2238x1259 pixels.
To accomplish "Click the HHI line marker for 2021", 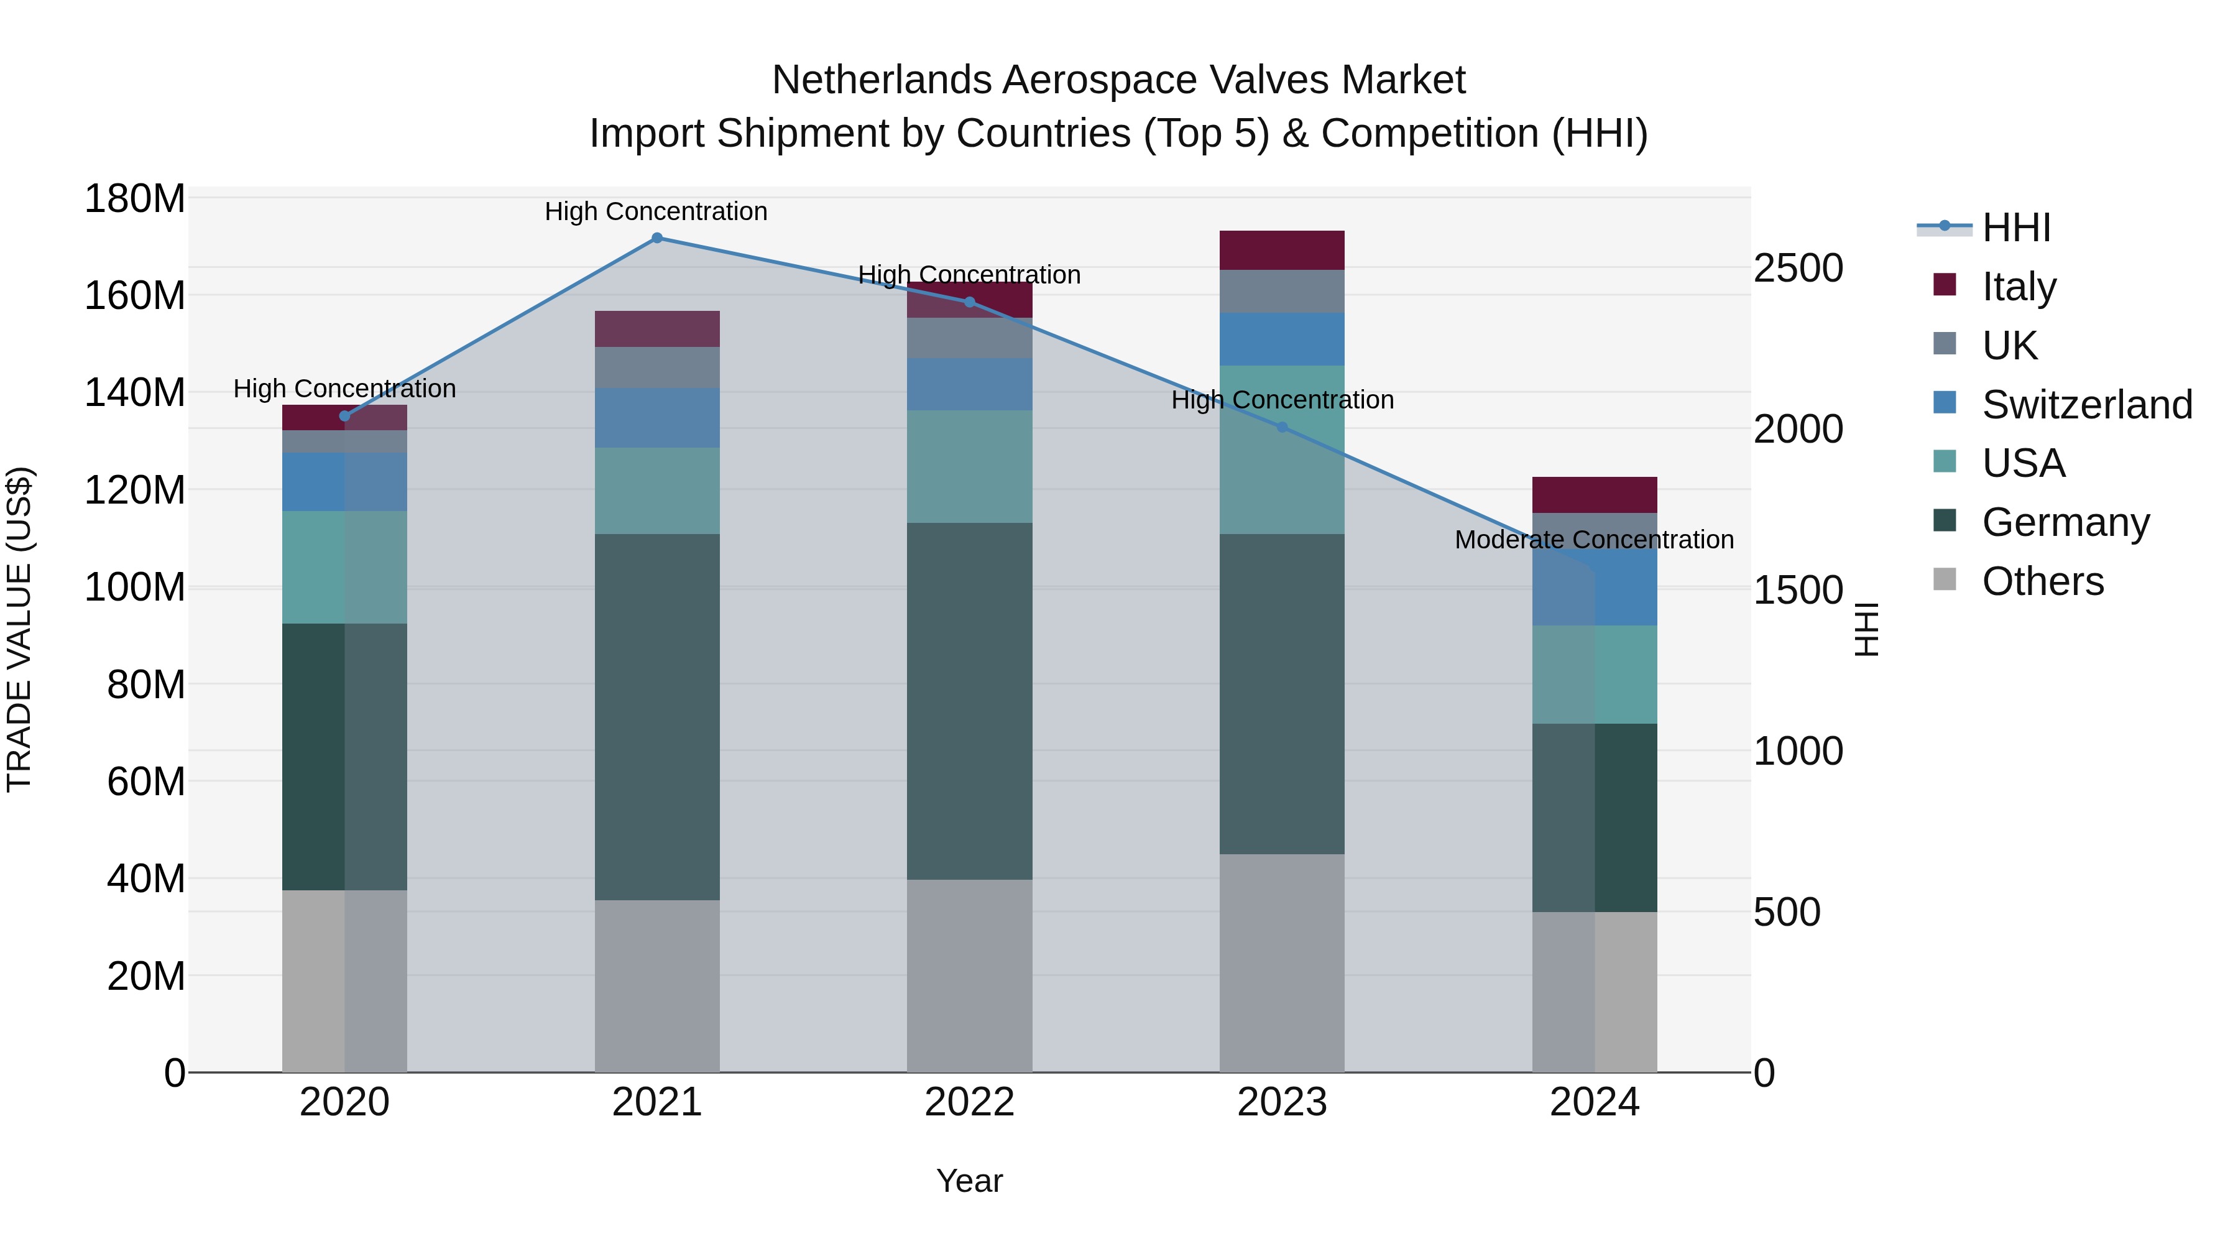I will click(x=657, y=238).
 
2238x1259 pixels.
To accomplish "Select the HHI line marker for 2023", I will click(x=1282, y=428).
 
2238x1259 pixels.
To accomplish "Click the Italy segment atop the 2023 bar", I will click(x=1282, y=250).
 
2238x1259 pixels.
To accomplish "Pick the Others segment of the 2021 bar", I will click(x=657, y=985).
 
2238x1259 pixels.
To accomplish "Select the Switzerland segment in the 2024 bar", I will click(x=1595, y=586).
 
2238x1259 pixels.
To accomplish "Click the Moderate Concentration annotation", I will click(x=1594, y=540).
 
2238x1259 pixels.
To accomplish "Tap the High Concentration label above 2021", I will click(x=656, y=211).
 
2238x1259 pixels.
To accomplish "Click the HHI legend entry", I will click(x=2015, y=228).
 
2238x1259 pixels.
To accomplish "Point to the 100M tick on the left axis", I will click(x=135, y=588).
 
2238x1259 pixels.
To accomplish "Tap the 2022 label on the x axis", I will click(x=970, y=1102).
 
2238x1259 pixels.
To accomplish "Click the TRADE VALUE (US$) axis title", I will click(x=19, y=629).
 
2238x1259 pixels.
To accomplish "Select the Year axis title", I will click(x=970, y=1181).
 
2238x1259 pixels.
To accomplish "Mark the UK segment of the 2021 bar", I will click(x=657, y=367).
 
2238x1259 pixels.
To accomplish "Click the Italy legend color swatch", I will click(x=1945, y=285).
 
